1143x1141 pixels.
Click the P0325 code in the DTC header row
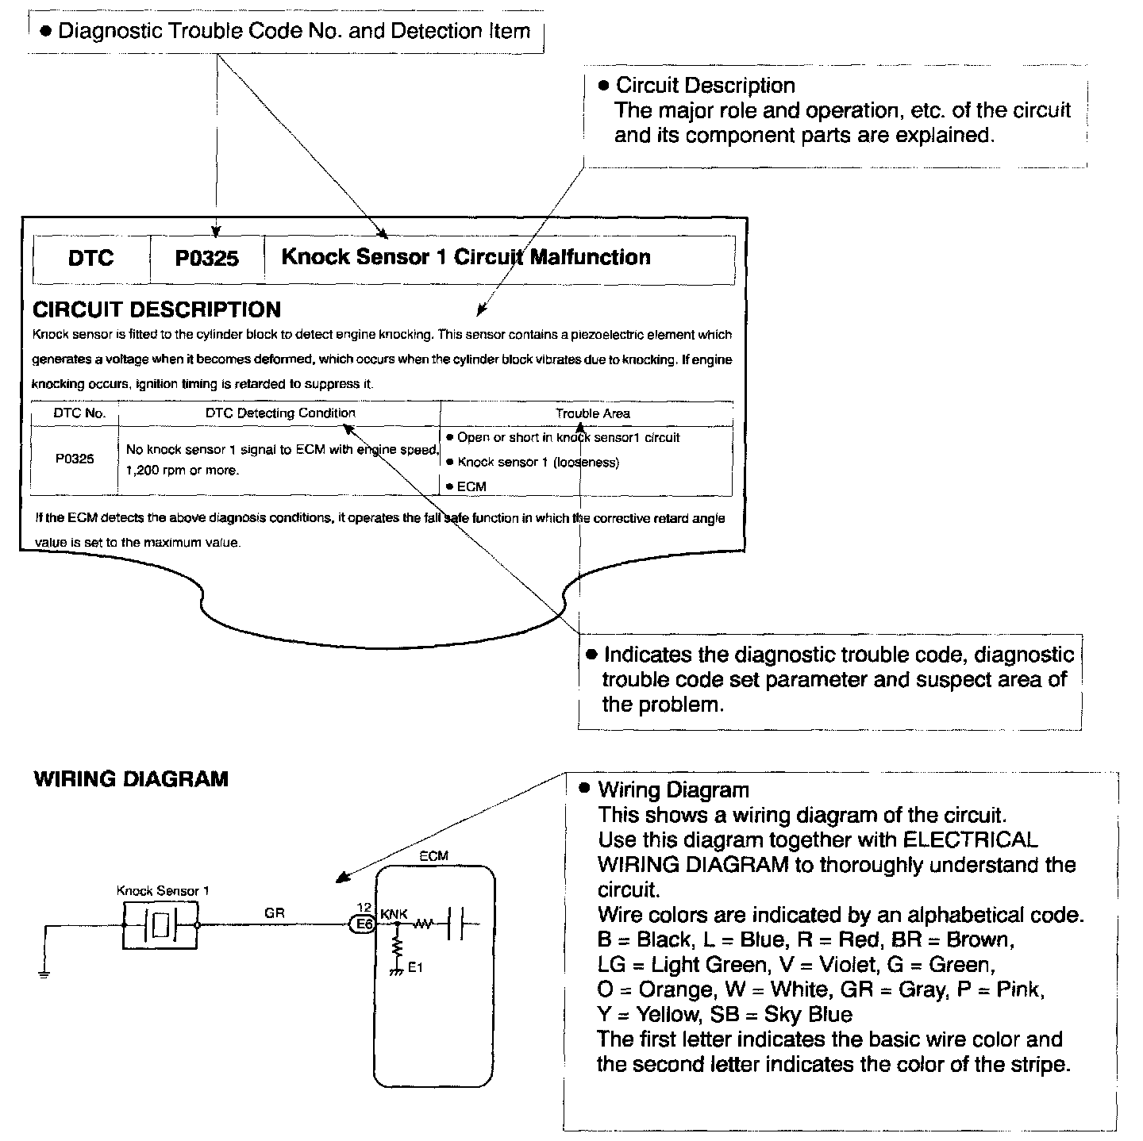[x=206, y=258]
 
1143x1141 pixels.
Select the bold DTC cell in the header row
[x=90, y=258]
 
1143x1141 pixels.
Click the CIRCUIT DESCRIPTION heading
[x=156, y=309]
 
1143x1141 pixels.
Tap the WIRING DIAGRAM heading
[x=131, y=779]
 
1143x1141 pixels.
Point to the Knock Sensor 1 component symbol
[x=160, y=925]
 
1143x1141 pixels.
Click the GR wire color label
[x=275, y=913]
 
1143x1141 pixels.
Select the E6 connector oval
[x=363, y=924]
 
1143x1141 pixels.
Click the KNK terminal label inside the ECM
[x=394, y=914]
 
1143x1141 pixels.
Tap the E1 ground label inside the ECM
[x=415, y=967]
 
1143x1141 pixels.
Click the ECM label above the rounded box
[x=433, y=855]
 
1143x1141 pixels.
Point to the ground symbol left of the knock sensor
[x=44, y=974]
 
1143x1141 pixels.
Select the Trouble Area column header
[x=592, y=413]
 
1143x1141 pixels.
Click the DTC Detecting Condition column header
[x=280, y=413]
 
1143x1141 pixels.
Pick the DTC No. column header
[x=79, y=413]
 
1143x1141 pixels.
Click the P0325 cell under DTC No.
[x=75, y=459]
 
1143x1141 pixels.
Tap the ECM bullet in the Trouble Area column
[x=471, y=486]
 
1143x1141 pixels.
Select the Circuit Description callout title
[x=705, y=86]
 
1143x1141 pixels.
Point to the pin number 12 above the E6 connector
[x=364, y=907]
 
